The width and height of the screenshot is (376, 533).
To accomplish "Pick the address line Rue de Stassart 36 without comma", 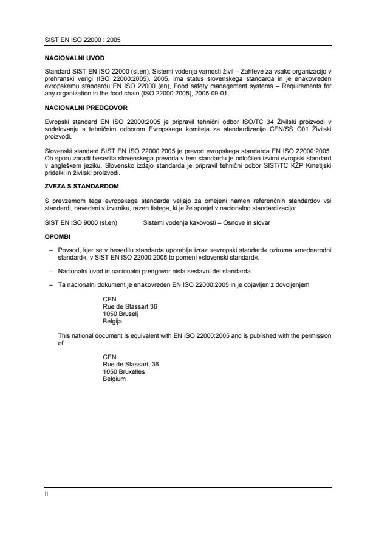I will click(x=130, y=307).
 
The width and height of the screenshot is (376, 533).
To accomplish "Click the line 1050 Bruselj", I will click(x=121, y=314).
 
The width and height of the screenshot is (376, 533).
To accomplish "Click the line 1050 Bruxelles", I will click(x=125, y=372).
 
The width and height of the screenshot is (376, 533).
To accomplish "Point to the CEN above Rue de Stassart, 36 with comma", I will click(x=109, y=357).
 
